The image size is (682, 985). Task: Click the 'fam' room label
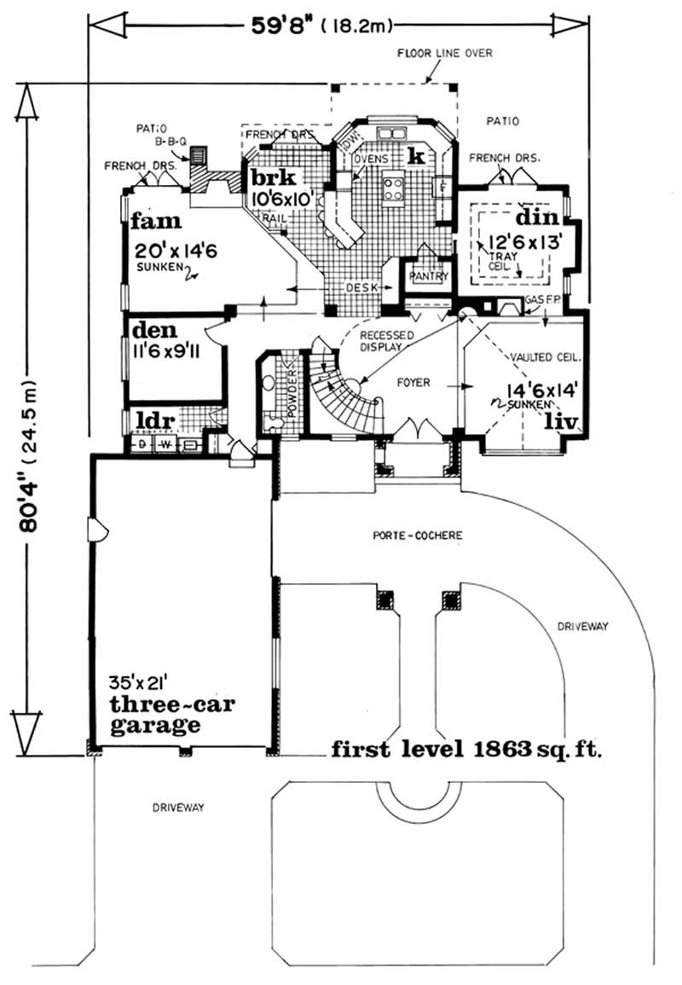157,223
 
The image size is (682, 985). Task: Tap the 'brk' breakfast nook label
272,177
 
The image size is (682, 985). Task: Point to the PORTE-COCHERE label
418,536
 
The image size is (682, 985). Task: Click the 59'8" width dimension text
281,25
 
